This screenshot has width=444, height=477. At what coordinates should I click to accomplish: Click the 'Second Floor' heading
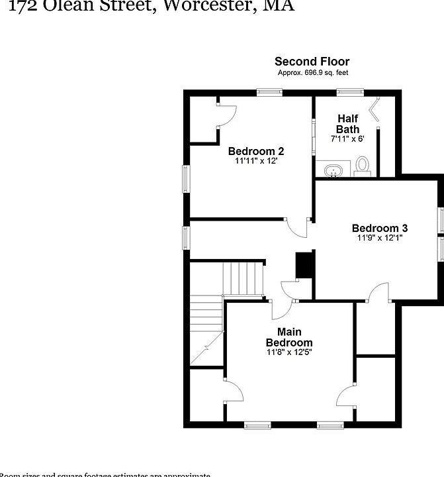312,62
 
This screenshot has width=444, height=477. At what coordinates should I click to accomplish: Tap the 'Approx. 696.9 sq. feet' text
312,72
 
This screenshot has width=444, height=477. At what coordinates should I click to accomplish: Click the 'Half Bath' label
347,124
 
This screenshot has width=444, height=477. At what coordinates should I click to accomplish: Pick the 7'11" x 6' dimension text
347,139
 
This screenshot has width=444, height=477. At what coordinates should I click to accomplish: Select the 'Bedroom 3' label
376,228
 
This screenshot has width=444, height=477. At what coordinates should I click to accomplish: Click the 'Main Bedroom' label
289,337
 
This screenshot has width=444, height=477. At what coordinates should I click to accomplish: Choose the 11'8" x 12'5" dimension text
289,352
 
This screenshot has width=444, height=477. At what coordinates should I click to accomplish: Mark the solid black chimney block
304,266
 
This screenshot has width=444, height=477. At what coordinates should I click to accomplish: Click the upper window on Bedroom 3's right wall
441,221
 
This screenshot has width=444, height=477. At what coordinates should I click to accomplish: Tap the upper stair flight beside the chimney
243,278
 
